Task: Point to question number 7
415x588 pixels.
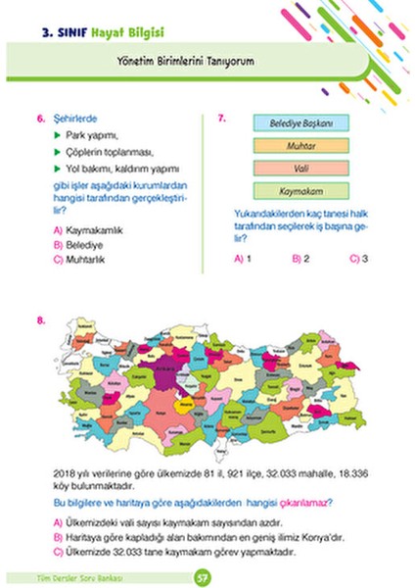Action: [222, 119]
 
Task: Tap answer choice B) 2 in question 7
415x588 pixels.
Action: [301, 259]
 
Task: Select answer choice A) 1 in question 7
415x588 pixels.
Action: [244, 259]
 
